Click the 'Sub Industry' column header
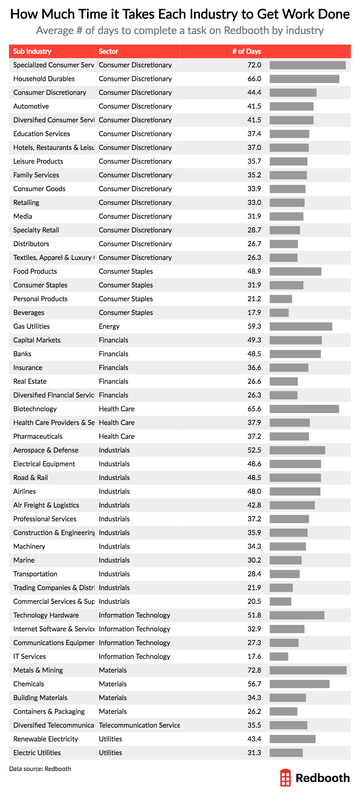[32, 52]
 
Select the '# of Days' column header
[246, 52]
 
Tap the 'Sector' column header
[108, 52]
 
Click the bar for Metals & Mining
[308, 670]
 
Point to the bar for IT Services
[279, 656]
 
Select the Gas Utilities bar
[301, 326]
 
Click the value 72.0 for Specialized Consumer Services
[254, 65]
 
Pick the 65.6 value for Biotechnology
[254, 409]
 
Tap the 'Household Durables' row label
[44, 79]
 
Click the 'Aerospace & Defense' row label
[46, 450]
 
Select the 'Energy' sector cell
[109, 326]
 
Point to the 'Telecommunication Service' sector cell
[139, 725]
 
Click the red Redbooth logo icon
[285, 778]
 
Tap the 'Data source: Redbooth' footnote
[40, 769]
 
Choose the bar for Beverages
[279, 313]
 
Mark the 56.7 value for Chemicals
[254, 684]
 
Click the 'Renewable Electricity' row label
[46, 739]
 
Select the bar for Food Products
[295, 271]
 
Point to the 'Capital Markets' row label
[37, 340]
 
